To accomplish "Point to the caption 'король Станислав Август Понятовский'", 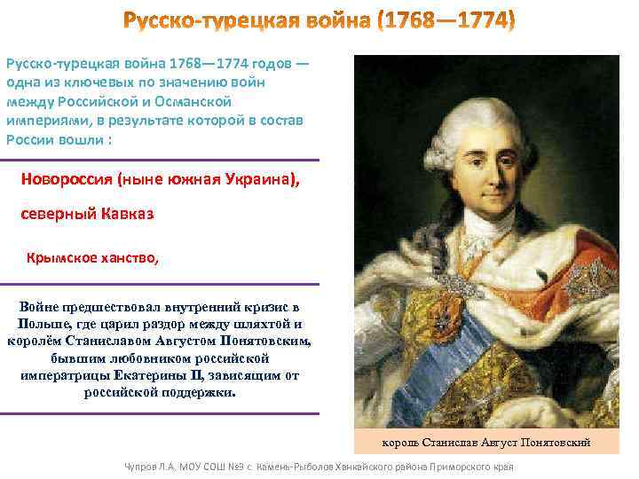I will coord(485,442).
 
